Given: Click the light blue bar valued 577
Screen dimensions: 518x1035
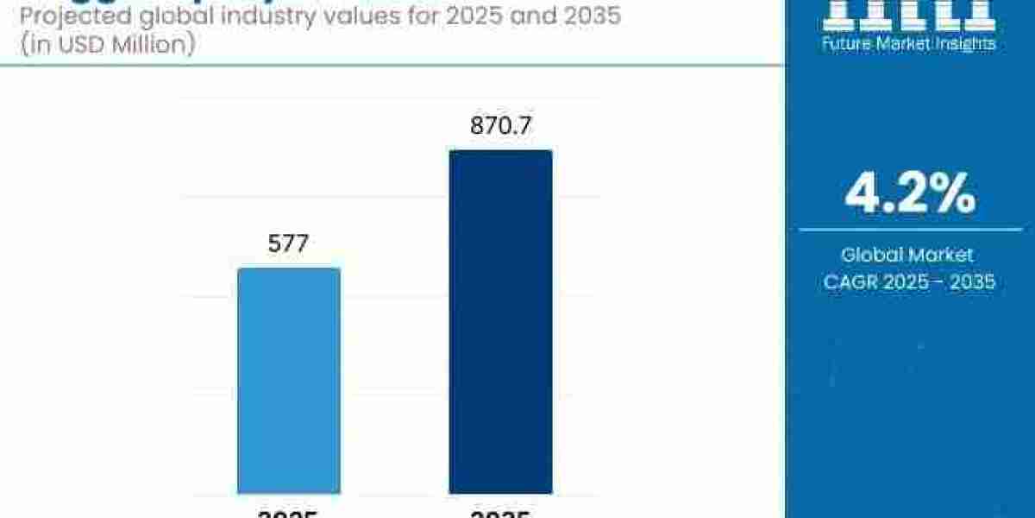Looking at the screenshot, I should point(289,380).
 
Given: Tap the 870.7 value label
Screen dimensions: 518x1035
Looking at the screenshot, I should point(500,126).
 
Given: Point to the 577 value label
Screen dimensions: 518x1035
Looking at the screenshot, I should point(289,244).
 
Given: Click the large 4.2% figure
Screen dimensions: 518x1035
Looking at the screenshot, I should point(910,194).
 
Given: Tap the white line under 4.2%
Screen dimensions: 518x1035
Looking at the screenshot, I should point(910,230).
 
